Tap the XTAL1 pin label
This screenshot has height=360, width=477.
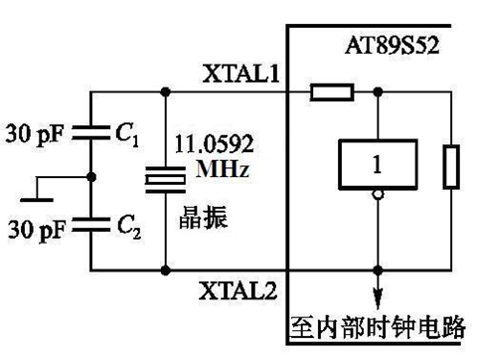[x=239, y=76]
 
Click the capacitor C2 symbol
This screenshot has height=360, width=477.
[x=90, y=225]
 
